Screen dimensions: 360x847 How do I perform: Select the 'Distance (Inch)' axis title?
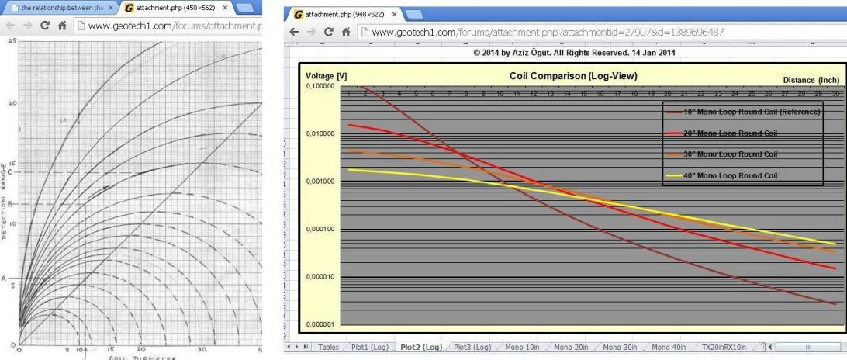pyautogui.click(x=812, y=80)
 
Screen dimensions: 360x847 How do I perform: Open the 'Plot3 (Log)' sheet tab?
pyautogui.click(x=472, y=347)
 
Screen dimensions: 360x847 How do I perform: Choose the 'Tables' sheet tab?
pyautogui.click(x=328, y=347)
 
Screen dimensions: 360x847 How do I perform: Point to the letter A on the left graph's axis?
pyautogui.click(x=4, y=277)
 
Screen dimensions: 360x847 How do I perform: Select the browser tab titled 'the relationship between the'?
pyautogui.click(x=57, y=8)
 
